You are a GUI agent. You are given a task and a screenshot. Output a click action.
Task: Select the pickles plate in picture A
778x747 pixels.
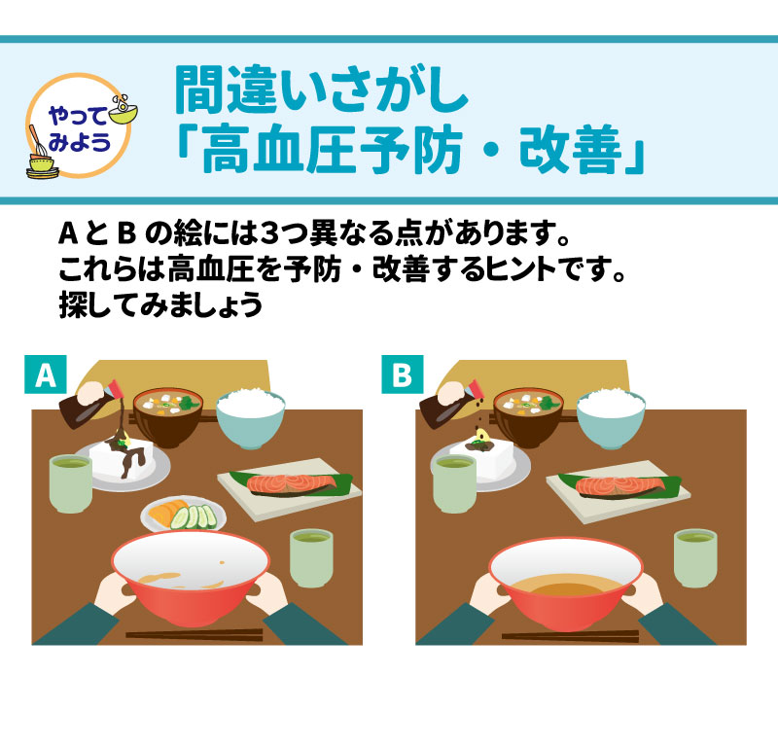184,514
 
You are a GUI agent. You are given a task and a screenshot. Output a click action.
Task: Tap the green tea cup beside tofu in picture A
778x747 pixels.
71,481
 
